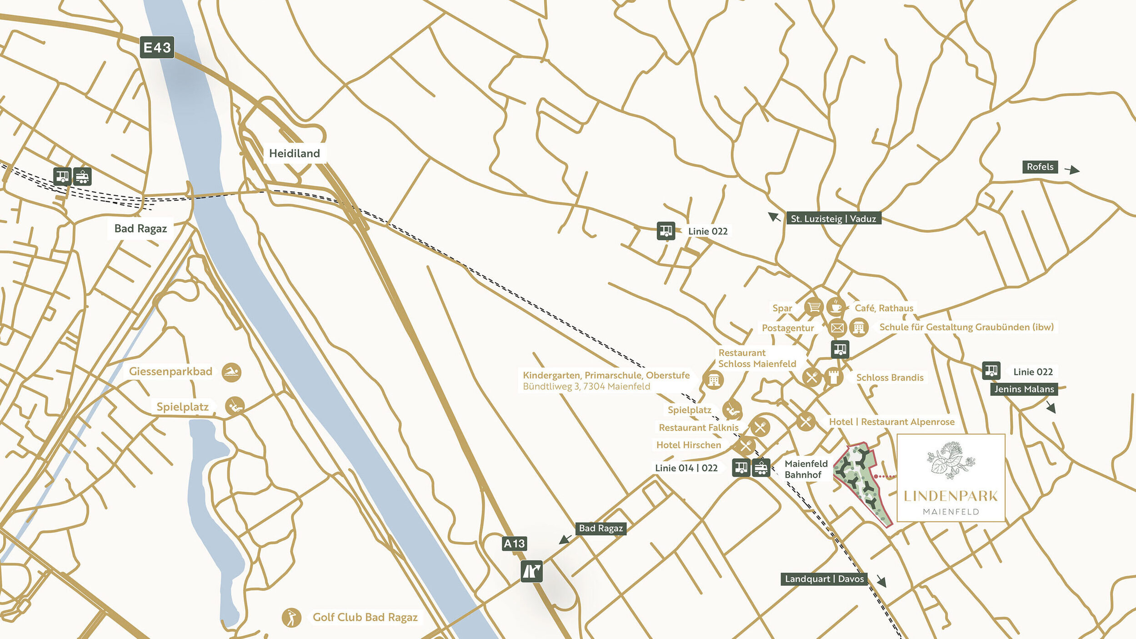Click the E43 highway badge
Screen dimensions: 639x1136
[x=157, y=47]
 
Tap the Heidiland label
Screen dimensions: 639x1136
[x=294, y=153]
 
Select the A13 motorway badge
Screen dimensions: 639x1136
[x=514, y=544]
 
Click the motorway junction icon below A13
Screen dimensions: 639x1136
[x=531, y=571]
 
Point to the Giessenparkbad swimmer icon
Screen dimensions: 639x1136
[x=231, y=372]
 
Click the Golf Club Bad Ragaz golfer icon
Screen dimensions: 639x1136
[x=291, y=618]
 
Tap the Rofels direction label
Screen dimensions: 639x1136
[x=1040, y=167]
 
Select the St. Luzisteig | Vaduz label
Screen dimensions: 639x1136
[x=833, y=219]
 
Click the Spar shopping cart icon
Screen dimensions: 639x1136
[x=814, y=307]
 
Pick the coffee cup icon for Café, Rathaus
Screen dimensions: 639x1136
[x=836, y=307]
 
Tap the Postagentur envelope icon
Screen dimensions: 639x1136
[x=837, y=327]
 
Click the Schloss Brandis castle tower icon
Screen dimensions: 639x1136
[x=834, y=377]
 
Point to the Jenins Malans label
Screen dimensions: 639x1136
[x=1024, y=389]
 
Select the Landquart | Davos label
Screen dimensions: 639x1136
[x=824, y=579]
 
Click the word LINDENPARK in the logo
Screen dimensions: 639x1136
[x=951, y=496]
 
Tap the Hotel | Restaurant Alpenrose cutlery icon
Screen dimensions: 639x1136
[x=806, y=422]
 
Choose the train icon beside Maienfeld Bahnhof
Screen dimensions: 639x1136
[x=761, y=467]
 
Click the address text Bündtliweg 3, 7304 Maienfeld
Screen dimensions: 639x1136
[x=586, y=387]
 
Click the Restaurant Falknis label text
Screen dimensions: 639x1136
[x=698, y=428]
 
